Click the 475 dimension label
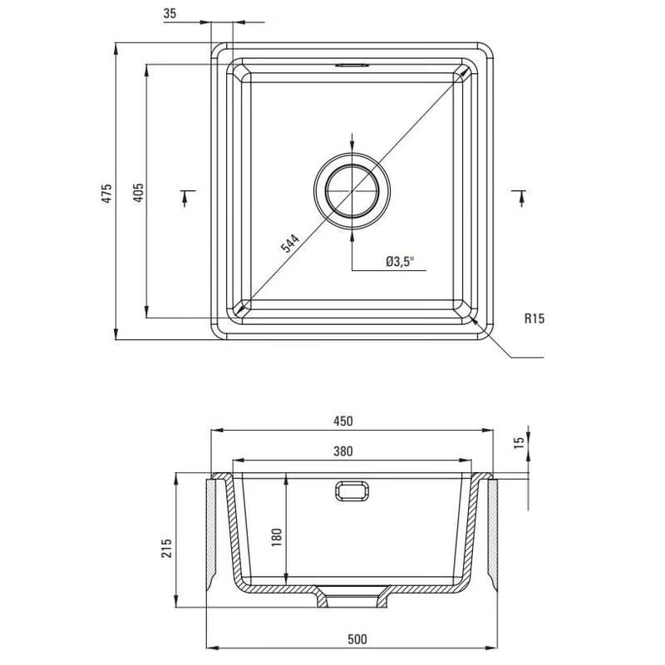(107, 193)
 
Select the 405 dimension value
(138, 192)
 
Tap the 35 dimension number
(170, 13)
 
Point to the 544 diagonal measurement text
(290, 243)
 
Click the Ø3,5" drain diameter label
(400, 261)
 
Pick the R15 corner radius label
(534, 318)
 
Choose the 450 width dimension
(342, 421)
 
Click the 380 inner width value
(342, 451)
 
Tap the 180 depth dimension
(276, 537)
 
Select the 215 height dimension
(167, 548)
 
